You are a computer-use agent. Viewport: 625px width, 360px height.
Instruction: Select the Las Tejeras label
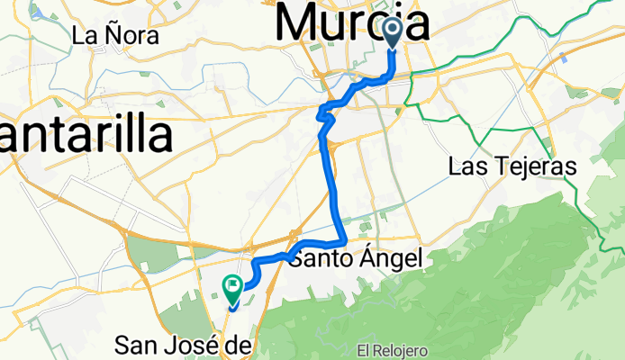[x=512, y=166]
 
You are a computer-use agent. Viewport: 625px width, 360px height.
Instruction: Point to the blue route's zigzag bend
[x=325, y=114]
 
